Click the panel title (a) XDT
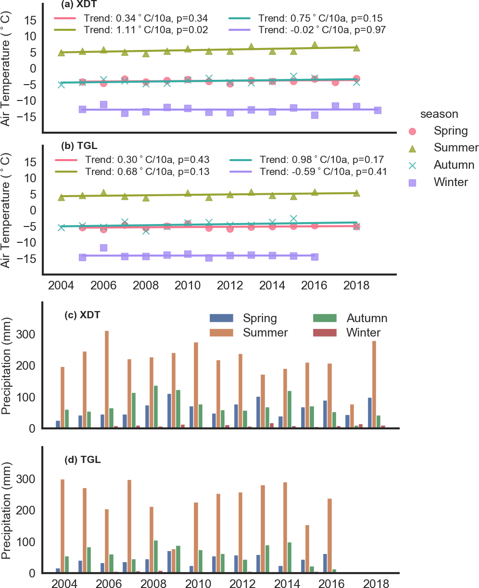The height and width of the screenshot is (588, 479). pyautogui.click(x=79, y=5)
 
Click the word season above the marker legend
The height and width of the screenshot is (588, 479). pyautogui.click(x=439, y=114)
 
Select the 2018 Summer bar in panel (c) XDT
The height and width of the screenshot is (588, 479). pyautogui.click(x=374, y=384)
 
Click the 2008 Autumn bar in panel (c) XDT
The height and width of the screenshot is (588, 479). pyautogui.click(x=156, y=407)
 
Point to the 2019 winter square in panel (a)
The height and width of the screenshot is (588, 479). pyautogui.click(x=378, y=111)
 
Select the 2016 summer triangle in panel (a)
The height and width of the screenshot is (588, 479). pyautogui.click(x=315, y=45)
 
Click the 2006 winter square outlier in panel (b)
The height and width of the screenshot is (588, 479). pyautogui.click(x=103, y=248)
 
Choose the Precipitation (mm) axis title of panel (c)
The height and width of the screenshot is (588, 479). pyautogui.click(x=8, y=365)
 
